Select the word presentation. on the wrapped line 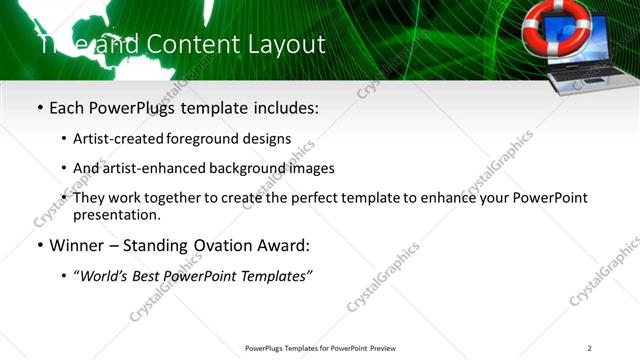click(x=117, y=214)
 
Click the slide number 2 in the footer click(x=590, y=347)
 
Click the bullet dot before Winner click(x=39, y=244)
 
